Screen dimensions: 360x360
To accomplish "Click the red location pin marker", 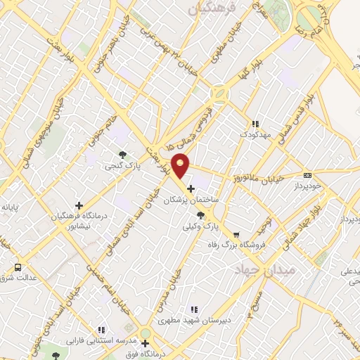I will coord(181,165).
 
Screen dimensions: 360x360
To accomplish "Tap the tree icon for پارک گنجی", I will coord(123,153).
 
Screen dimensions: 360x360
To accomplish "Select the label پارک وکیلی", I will coord(196,226).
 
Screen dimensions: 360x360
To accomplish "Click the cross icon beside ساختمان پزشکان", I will coord(191,189).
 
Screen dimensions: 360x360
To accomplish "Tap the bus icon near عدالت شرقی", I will coord(18,267).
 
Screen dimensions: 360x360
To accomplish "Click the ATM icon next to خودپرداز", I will coord(307,176).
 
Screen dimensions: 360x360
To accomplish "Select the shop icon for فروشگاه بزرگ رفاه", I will coord(236,235).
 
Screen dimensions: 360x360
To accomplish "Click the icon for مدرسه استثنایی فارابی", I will coord(102,329).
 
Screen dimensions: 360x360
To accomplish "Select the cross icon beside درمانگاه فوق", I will coord(145,344).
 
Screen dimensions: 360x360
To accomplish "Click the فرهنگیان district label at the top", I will coord(210,8).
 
